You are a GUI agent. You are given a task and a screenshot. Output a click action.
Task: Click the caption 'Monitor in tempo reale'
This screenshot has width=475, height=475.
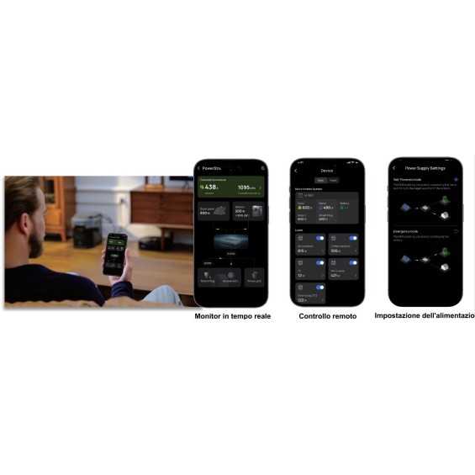(232, 316)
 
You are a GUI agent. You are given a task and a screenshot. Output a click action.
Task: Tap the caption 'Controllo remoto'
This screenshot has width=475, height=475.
(327, 316)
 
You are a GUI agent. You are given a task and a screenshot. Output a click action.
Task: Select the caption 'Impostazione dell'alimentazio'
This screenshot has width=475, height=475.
(424, 316)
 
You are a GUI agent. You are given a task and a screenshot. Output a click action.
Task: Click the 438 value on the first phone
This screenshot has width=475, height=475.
(211, 187)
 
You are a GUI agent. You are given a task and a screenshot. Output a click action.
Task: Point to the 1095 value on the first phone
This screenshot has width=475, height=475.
(246, 187)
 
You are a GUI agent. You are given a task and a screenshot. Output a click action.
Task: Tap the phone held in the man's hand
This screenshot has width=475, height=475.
(115, 253)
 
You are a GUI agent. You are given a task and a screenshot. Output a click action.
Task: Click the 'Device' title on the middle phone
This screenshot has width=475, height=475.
(327, 171)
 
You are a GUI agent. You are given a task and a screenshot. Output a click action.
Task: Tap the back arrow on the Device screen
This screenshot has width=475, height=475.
(296, 171)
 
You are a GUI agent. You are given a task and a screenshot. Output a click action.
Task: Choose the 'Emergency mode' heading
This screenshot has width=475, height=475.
(406, 230)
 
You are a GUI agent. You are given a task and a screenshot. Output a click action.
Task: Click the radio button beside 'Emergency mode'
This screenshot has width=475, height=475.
(456, 230)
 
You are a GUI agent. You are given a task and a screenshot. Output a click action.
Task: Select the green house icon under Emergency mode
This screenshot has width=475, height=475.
(445, 251)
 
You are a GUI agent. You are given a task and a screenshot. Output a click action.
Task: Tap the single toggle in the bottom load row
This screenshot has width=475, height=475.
(319, 287)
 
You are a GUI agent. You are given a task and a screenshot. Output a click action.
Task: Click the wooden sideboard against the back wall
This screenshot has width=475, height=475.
(161, 207)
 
